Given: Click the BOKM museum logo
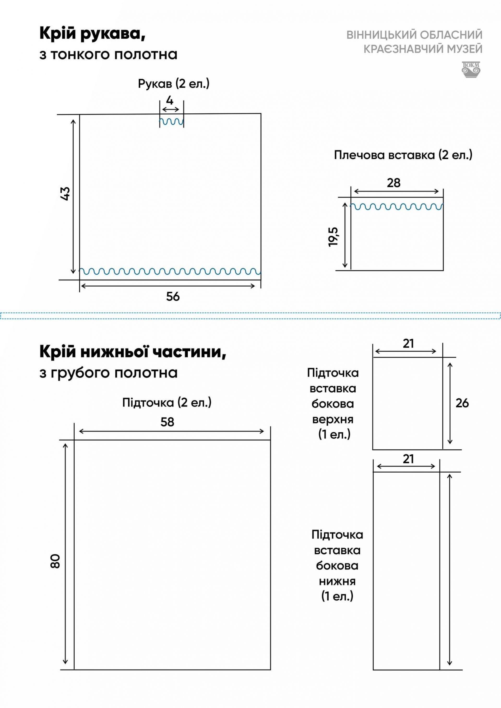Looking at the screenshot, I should (x=471, y=69).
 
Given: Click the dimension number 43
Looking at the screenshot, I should (x=65, y=194).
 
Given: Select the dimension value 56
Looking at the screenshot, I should (x=173, y=297).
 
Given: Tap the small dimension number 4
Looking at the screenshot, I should (x=170, y=100).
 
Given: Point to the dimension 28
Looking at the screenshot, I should (x=394, y=183).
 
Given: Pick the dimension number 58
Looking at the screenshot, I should (x=167, y=422).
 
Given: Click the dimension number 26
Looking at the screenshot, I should (x=462, y=403).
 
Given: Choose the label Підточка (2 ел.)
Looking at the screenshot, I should (x=167, y=403).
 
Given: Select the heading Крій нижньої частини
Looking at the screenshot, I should (x=133, y=352).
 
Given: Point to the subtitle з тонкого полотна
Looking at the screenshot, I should (x=108, y=55).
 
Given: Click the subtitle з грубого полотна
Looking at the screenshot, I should (x=108, y=373).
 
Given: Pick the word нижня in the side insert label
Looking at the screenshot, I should (x=337, y=581).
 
